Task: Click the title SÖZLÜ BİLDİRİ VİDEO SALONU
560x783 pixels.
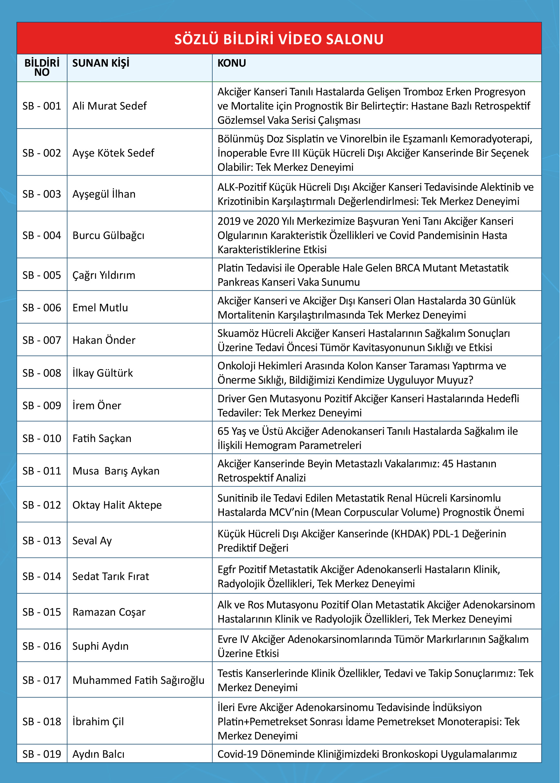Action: pos(279,39)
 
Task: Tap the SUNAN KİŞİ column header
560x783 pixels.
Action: pos(101,63)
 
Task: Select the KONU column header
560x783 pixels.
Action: pos(231,63)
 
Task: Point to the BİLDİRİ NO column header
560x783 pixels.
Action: pos(42,68)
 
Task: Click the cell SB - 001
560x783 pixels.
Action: pos(42,106)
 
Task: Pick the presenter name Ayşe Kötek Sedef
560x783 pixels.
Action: pos(113,152)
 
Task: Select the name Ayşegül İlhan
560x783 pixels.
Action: pos(104,194)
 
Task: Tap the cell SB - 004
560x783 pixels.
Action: pos(42,235)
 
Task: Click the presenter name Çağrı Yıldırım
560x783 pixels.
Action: pos(103,275)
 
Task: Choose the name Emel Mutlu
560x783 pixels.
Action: pos(100,307)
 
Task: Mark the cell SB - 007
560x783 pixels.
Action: pos(42,340)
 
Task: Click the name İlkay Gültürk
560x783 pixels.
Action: pos(102,373)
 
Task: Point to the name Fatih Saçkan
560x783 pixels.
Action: pos(102,438)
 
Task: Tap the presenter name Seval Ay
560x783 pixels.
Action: pos(92,541)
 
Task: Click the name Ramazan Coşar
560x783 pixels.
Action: pos(109,612)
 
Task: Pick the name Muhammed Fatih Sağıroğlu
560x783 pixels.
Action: pos(138,680)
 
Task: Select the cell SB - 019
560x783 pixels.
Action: pos(42,754)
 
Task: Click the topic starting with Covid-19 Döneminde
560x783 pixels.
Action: pos(367,754)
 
